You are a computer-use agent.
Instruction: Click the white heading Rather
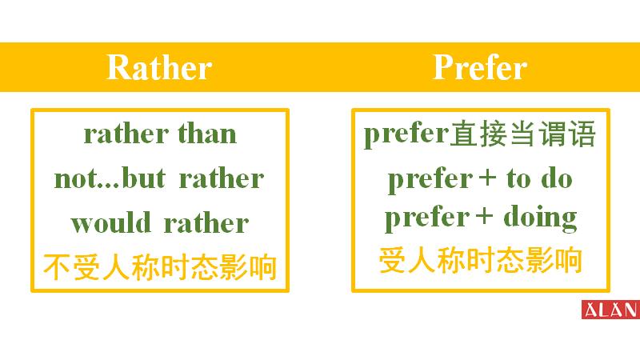pyautogui.click(x=158, y=68)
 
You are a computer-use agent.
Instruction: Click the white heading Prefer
pyautogui.click(x=479, y=68)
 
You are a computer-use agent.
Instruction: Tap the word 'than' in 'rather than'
pyautogui.click(x=207, y=134)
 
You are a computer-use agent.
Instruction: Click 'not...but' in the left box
pyautogui.click(x=109, y=178)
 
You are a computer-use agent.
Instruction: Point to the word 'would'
pyautogui.click(x=113, y=222)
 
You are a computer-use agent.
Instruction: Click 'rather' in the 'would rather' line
pyautogui.click(x=206, y=222)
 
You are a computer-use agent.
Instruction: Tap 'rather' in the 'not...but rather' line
pyautogui.click(x=221, y=178)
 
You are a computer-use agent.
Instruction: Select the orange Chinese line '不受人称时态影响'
pyautogui.click(x=159, y=267)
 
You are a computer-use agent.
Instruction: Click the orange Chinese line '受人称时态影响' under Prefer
pyautogui.click(x=480, y=261)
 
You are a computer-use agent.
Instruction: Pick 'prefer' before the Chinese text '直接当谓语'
pyautogui.click(x=405, y=134)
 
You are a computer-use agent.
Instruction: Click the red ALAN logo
pyautogui.click(x=610, y=310)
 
